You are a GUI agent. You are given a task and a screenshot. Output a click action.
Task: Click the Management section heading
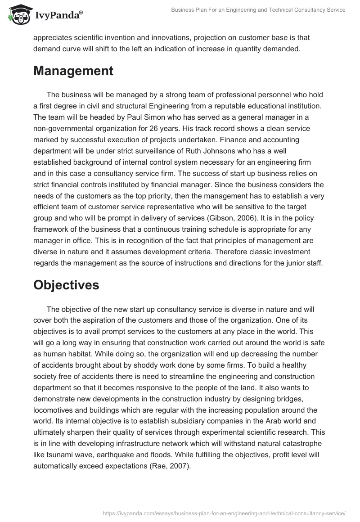pyautogui.click(x=73, y=71)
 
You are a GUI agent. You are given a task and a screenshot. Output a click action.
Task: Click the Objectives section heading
pyautogui.click(x=66, y=285)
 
